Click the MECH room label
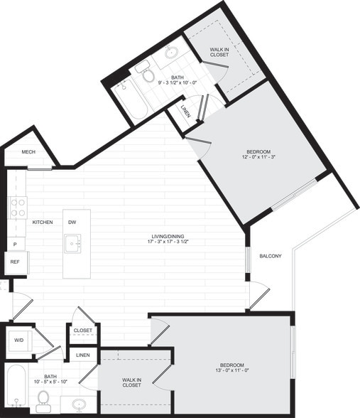(28, 152)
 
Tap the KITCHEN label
(43, 223)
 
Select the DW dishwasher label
(72, 223)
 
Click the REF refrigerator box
(15, 262)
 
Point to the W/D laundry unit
(18, 340)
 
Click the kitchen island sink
(72, 244)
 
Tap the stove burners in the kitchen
(17, 208)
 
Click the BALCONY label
(271, 256)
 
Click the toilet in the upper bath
(149, 74)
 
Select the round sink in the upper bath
(172, 52)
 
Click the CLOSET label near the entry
(83, 331)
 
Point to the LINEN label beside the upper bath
(185, 112)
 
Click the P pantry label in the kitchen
(14, 244)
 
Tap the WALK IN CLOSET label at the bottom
(131, 382)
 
